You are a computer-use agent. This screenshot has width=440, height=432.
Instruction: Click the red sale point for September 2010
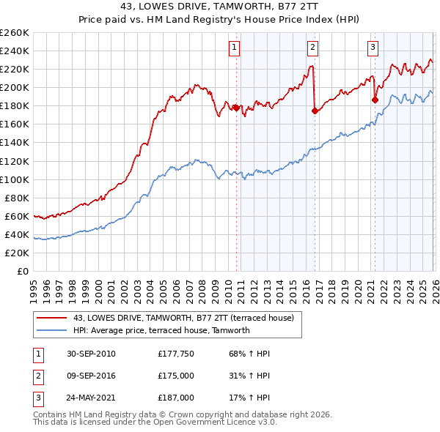pos(236,108)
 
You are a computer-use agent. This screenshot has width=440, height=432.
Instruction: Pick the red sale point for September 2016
pos(315,111)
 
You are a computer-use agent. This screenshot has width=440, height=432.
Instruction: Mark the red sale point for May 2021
pos(375,100)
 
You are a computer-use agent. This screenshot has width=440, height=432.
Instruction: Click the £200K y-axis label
pos(15,87)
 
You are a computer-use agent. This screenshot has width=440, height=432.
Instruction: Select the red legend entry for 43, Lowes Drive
pos(183,318)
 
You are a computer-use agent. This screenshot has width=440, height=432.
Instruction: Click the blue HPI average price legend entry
pos(161,330)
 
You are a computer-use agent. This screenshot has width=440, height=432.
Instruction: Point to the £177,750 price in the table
pos(176,354)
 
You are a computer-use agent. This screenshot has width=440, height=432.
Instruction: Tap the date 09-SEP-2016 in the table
pos(91,376)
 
